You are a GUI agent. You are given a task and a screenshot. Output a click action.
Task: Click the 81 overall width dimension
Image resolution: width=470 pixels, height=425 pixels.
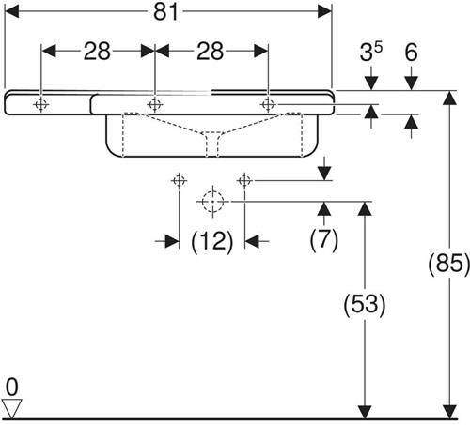coord(165,12)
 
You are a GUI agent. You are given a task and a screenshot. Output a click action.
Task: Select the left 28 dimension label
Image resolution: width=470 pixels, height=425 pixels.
coord(97,51)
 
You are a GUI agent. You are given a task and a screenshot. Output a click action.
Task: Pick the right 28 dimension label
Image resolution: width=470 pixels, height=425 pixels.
coord(210,51)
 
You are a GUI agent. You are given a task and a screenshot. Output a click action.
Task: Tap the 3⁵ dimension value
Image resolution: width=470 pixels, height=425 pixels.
coord(371,52)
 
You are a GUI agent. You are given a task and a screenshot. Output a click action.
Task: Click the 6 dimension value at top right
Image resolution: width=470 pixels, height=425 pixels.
coord(411,52)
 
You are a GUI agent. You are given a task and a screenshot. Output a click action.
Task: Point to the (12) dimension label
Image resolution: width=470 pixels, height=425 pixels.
coord(212,241)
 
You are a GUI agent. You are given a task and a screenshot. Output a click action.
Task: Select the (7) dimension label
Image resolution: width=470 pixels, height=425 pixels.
coord(324,239)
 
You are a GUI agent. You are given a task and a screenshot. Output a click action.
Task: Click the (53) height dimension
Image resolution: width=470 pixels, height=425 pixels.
coord(365,304)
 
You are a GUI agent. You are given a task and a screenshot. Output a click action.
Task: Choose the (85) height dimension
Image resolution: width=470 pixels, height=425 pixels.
coord(449,263)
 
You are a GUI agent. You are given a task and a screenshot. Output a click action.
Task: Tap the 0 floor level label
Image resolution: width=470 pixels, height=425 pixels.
coord(12,387)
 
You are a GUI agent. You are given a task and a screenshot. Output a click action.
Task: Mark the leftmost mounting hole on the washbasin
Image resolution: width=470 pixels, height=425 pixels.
coord(41,104)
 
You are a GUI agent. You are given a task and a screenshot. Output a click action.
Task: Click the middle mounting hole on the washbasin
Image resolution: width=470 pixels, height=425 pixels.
coord(155,104)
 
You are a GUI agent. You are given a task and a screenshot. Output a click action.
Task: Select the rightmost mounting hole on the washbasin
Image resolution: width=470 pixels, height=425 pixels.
coord(268,104)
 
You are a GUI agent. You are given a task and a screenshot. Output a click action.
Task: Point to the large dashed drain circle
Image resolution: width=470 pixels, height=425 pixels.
coord(212,202)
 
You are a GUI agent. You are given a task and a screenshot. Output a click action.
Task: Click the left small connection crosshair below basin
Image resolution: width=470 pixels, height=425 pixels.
coord(180,180)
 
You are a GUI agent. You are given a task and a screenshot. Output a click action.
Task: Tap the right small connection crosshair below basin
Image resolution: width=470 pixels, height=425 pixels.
coord(244,180)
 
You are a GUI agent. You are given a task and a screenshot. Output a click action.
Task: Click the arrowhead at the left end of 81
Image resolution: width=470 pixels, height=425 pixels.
coord(12,12)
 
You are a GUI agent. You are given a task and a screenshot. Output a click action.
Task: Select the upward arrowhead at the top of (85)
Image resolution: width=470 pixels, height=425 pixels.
coord(450,98)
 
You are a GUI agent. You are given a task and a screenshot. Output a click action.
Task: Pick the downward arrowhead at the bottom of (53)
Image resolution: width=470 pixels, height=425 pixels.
coord(365,412)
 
